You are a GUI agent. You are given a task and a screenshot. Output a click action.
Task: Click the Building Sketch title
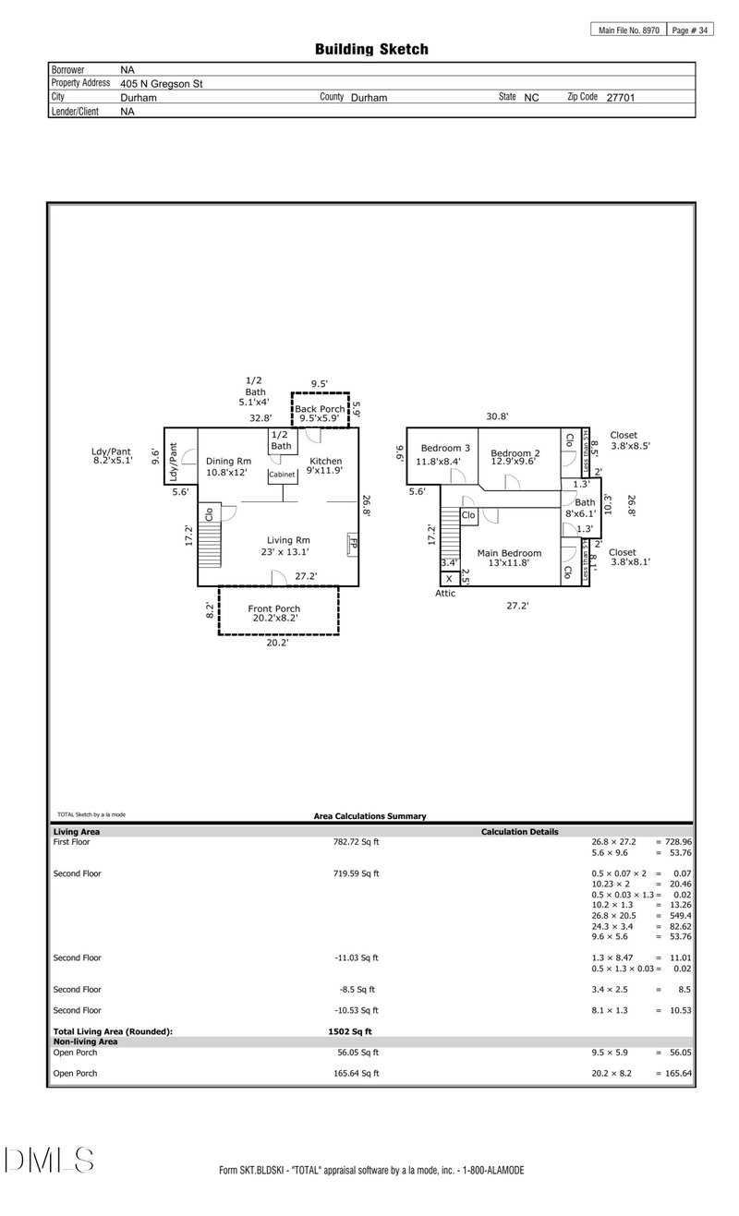(x=371, y=49)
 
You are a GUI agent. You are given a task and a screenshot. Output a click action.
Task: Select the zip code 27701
(x=620, y=97)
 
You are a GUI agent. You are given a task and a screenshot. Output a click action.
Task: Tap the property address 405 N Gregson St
(x=162, y=83)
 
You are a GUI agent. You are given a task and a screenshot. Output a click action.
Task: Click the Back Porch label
(x=320, y=408)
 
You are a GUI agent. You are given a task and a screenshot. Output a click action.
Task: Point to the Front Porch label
(x=273, y=608)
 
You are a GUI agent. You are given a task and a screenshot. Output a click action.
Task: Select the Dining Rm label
(x=228, y=461)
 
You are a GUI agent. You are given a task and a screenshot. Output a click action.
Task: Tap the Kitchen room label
(x=325, y=461)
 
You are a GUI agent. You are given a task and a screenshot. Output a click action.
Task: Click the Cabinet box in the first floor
(x=282, y=475)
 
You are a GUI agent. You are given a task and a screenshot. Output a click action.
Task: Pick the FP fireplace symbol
(x=352, y=544)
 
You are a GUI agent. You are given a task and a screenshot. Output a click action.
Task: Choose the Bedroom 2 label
(x=515, y=453)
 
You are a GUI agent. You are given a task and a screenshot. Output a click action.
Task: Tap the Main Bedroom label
(x=509, y=553)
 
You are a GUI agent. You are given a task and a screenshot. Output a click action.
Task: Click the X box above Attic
(x=449, y=579)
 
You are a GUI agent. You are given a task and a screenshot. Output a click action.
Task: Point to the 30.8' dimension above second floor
(x=497, y=416)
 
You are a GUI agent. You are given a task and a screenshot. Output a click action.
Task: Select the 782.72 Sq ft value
(x=356, y=842)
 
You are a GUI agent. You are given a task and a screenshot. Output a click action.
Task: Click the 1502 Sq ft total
(x=350, y=1031)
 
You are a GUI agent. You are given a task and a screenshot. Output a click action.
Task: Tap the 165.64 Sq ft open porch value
(x=356, y=1073)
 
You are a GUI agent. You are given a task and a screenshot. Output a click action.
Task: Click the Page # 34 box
(x=690, y=30)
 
